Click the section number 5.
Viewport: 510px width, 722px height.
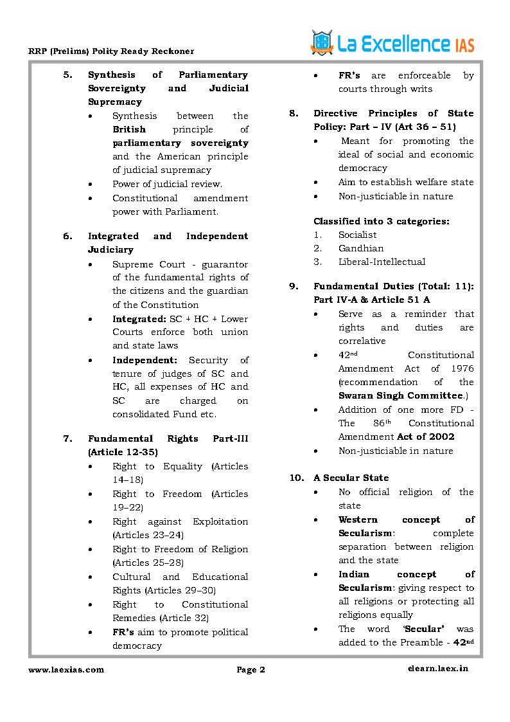pyautogui.click(x=67, y=75)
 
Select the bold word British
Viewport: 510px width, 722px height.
pyautogui.click(x=129, y=129)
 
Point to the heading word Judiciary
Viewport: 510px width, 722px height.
pyautogui.click(x=110, y=249)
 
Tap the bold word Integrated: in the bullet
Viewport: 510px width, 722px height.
pyautogui.click(x=139, y=319)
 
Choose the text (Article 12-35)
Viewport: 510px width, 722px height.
pyautogui.click(x=123, y=453)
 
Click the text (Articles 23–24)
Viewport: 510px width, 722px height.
pyautogui.click(x=148, y=535)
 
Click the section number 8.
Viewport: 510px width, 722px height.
pyautogui.click(x=293, y=113)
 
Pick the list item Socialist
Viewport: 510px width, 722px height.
pyautogui.click(x=357, y=235)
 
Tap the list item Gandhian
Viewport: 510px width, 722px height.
pyautogui.click(x=361, y=248)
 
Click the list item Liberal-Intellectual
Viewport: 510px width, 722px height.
pyautogui.click(x=382, y=262)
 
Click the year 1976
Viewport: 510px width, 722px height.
pyautogui.click(x=462, y=368)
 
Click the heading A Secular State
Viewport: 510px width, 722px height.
pyautogui.click(x=351, y=478)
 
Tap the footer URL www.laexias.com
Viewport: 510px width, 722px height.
pyautogui.click(x=66, y=669)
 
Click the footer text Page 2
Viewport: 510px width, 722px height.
pyautogui.click(x=251, y=670)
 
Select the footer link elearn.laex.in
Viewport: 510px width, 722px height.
pyautogui.click(x=437, y=669)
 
